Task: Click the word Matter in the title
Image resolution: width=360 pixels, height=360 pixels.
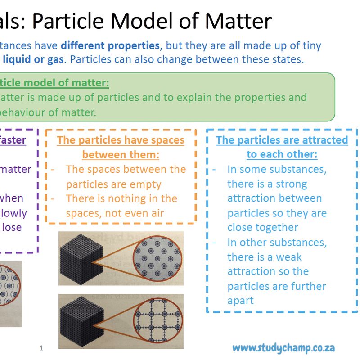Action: [x=241, y=21]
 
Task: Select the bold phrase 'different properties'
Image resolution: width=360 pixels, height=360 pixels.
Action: [x=110, y=45]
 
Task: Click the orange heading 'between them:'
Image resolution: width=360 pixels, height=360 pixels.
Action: [x=121, y=154]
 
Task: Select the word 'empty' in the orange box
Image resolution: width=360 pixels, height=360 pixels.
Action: [x=144, y=184]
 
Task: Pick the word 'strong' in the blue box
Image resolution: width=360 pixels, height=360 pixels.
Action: [x=292, y=184]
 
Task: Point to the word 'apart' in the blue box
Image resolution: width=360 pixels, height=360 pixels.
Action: [x=241, y=300]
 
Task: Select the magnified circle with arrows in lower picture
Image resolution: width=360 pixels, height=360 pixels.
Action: [x=155, y=320]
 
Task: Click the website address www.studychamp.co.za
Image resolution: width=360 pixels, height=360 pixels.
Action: [x=283, y=348]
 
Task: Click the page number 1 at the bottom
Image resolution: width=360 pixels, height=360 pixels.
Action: [x=41, y=348]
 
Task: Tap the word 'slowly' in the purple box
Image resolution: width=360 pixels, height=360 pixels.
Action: [x=13, y=213]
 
